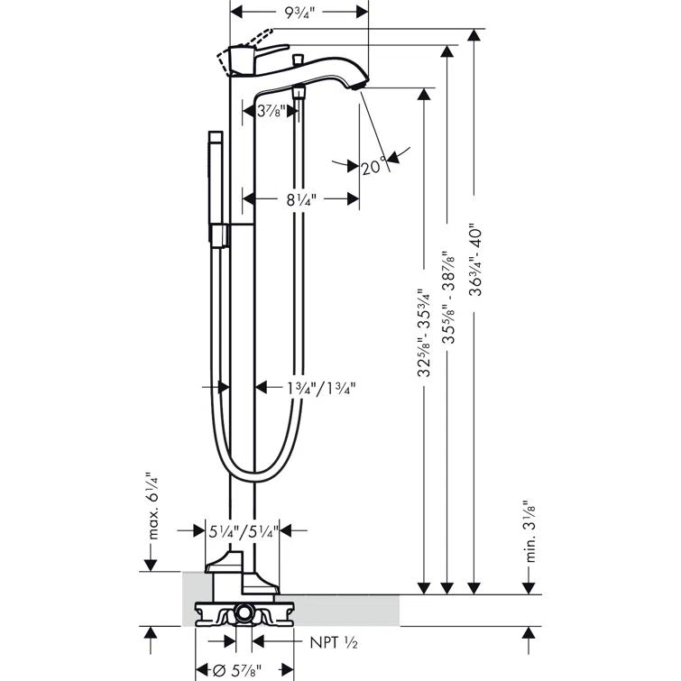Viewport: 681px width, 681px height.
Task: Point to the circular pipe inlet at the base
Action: point(243,615)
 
